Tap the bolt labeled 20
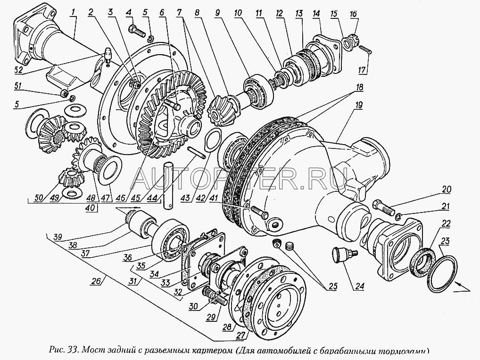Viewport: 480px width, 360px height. point(383,207)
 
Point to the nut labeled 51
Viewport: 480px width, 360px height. point(63,91)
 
